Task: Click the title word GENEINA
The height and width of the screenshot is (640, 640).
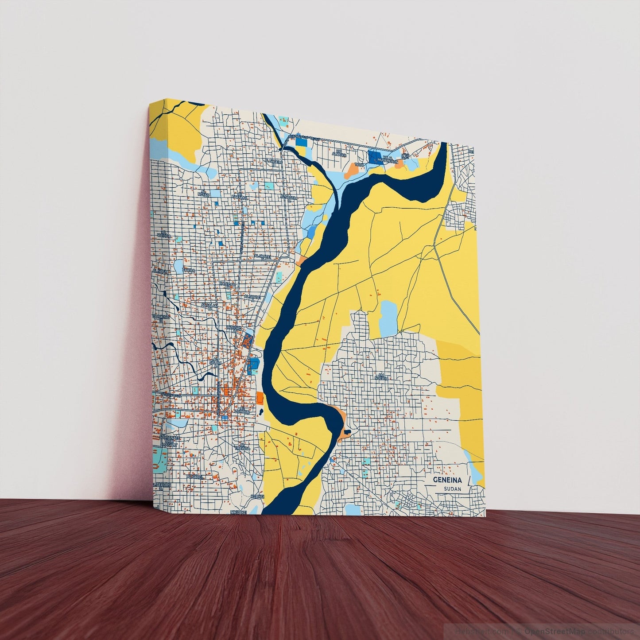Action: point(447,480)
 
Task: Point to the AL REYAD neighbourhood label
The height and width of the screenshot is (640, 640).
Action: point(203,194)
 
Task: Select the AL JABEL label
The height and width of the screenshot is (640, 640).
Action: point(195,477)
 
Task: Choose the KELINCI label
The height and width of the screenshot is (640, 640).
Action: point(257,497)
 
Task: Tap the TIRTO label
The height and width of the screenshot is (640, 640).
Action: point(359,164)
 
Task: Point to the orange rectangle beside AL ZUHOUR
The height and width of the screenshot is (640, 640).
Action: point(260,397)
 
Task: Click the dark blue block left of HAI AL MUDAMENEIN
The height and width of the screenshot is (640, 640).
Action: point(374,156)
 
